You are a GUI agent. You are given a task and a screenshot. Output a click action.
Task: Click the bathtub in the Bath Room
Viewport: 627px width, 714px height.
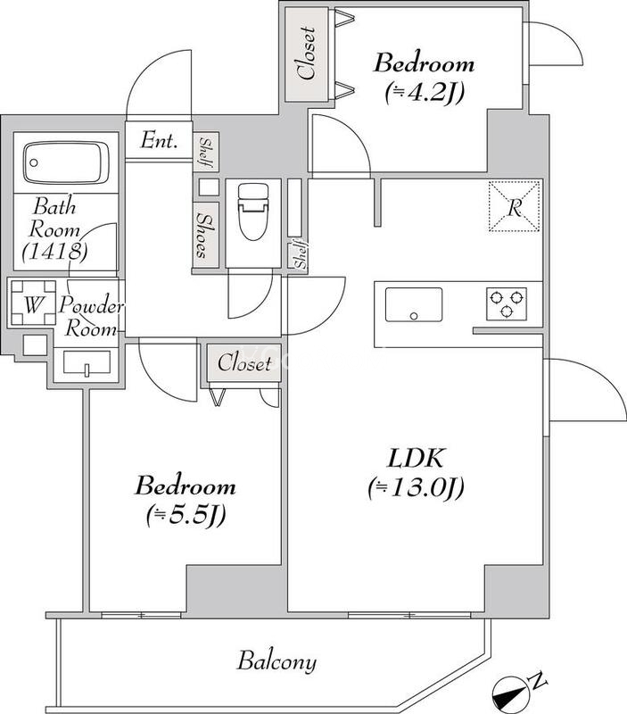point(70,163)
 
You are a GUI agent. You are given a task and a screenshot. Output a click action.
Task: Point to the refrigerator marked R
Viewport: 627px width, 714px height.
point(515,207)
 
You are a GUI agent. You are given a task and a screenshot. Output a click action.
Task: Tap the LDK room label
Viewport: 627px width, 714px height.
point(415,459)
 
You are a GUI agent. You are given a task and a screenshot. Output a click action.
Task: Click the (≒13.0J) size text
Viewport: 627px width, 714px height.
point(415,488)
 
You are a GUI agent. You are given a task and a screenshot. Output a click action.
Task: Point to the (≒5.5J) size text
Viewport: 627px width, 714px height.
point(185,515)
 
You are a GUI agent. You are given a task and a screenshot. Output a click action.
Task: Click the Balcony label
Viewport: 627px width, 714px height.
point(276,662)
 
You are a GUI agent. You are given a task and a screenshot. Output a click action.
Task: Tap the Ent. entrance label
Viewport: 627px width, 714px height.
point(160,141)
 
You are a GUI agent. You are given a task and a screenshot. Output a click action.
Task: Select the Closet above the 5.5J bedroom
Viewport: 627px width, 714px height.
point(243,363)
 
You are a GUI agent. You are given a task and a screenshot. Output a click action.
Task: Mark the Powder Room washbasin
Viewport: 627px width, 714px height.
point(87,362)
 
